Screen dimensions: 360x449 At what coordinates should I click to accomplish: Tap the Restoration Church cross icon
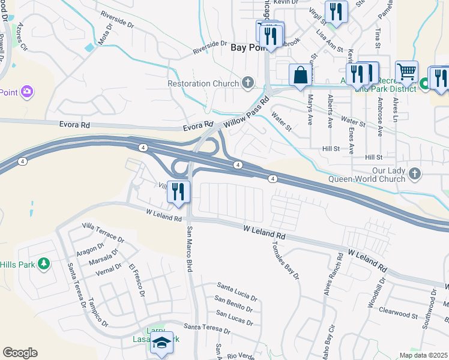click(x=248, y=83)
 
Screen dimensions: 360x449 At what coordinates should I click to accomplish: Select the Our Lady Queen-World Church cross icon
click(x=414, y=175)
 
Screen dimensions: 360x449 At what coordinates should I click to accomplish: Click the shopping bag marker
click(x=301, y=76)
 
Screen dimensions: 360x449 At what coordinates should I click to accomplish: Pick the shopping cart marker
click(x=406, y=72)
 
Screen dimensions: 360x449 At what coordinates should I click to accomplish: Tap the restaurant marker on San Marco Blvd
click(x=178, y=192)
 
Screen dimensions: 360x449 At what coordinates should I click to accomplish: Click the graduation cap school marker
click(x=161, y=343)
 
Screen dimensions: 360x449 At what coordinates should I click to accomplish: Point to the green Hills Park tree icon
click(x=43, y=264)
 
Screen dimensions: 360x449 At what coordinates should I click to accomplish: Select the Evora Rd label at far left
click(x=74, y=125)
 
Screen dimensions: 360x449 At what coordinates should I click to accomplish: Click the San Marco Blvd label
click(x=190, y=250)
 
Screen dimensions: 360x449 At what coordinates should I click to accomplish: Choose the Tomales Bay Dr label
click(x=285, y=261)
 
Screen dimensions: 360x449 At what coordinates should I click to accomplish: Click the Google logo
click(x=20, y=353)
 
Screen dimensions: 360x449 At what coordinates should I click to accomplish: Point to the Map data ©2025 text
click(x=424, y=355)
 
